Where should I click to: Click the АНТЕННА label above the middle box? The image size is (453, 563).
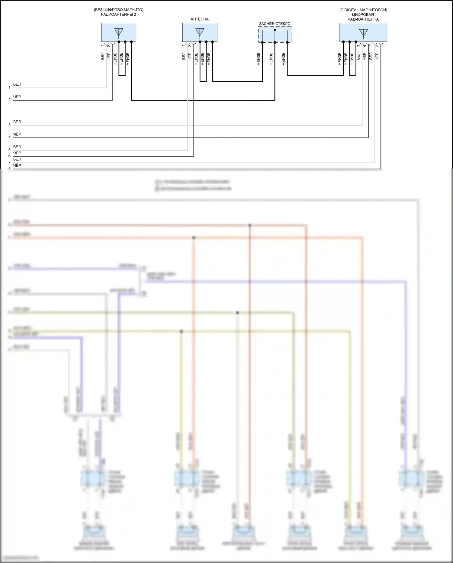pos(199,19)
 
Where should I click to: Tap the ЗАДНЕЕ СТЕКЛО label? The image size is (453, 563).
pos(275,24)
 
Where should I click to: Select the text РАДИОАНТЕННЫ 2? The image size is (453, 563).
pos(118,15)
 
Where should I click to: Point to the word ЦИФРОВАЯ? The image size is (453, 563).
pos(363,15)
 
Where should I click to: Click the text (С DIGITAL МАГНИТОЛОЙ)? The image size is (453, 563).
pos(363,10)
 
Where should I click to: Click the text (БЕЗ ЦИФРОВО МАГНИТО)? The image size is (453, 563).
pos(118,10)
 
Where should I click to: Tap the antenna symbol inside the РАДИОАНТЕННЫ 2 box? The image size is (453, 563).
pos(119,32)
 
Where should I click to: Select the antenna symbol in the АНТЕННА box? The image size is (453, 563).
pos(200,32)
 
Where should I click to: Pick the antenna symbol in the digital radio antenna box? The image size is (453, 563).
pos(363,33)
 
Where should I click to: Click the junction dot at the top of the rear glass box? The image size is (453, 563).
pos(275,30)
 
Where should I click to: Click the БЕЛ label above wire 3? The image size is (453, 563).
pos(17,122)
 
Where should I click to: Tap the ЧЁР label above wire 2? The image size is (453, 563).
pos(17,97)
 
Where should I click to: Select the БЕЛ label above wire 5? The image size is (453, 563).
pos(17,147)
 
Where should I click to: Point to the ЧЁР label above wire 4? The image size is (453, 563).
pos(17,134)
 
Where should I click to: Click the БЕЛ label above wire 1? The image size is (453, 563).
pos(17,84)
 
